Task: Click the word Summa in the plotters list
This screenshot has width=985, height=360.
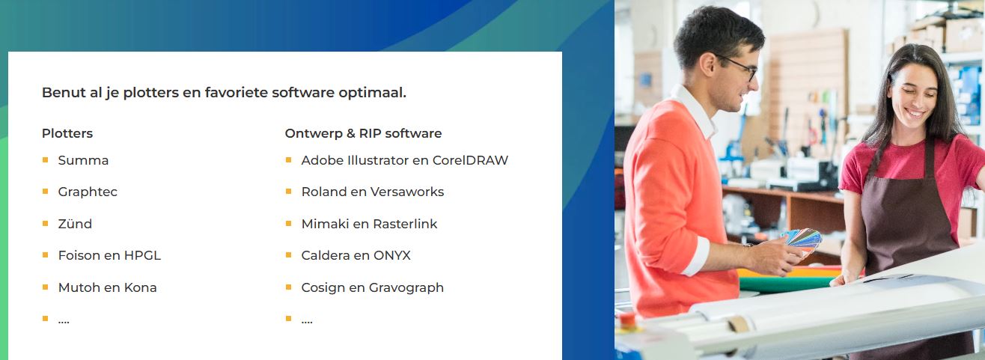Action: [83, 160]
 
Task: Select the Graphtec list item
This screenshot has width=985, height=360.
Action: [88, 192]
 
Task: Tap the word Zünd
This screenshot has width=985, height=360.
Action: [75, 224]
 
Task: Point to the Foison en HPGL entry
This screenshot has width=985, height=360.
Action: [109, 255]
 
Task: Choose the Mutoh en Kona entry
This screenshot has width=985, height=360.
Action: [107, 287]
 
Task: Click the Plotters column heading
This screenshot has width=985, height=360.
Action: [67, 133]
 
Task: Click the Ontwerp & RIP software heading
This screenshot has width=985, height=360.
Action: [363, 133]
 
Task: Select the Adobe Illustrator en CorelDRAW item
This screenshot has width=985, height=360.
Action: [404, 160]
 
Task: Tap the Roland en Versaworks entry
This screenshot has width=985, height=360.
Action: [373, 192]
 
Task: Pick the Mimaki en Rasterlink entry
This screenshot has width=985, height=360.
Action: [370, 224]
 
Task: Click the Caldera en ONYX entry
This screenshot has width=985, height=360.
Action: [356, 255]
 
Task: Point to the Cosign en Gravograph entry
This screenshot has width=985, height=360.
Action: [373, 288]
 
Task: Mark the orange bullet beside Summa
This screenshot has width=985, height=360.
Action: [46, 160]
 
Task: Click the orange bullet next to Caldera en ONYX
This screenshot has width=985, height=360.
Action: [288, 255]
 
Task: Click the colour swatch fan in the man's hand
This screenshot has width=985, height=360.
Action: [803, 240]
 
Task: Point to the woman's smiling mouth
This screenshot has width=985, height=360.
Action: [915, 114]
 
